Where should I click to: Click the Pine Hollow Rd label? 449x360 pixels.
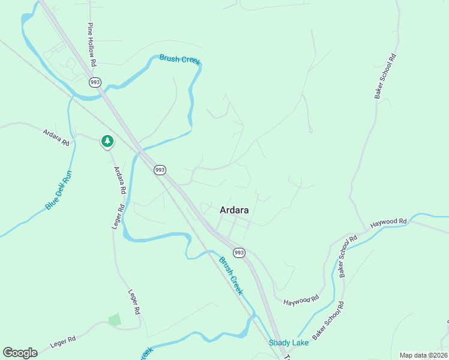coord(92,44)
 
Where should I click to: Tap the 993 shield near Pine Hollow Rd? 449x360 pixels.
coord(95,82)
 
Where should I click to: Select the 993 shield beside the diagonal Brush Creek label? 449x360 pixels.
coord(239,253)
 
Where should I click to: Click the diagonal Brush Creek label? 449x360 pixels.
coord(231,276)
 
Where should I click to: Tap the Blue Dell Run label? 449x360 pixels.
coord(58,190)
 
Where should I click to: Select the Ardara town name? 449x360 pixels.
coord(235,211)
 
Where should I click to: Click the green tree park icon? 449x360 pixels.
coord(107,141)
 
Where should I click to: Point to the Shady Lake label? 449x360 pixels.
coord(289,343)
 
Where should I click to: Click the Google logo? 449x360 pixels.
coord(20,353)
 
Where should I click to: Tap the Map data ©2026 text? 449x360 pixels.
coord(423,355)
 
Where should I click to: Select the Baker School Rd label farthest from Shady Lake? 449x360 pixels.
coord(385,76)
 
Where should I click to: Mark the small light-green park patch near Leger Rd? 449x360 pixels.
coord(114,320)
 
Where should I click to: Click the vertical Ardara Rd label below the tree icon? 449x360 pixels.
coord(120,180)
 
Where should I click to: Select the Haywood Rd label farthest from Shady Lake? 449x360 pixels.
coord(389,223)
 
